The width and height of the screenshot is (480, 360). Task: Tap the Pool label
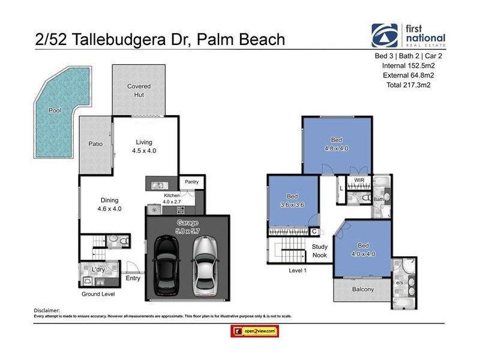[55, 110]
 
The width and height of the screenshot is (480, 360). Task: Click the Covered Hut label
[139, 90]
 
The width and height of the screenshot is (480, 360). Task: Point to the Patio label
[95, 144]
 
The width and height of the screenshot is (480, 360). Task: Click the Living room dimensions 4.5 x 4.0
[144, 151]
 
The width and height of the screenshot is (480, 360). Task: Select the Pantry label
[192, 182]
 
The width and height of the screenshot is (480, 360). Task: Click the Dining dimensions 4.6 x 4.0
[109, 209]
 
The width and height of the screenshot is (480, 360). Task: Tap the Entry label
[133, 278]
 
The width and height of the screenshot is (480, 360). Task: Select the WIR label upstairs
[359, 179]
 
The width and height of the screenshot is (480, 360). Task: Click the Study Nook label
[319, 251]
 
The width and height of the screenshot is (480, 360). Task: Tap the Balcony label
[362, 289]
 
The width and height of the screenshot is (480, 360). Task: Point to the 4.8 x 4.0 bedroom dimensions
[337, 148]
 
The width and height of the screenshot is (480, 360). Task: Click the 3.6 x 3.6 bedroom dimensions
[292, 205]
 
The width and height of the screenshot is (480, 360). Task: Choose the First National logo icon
[385, 35]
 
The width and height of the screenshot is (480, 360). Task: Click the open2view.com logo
[255, 331]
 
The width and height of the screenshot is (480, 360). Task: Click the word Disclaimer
[47, 310]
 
